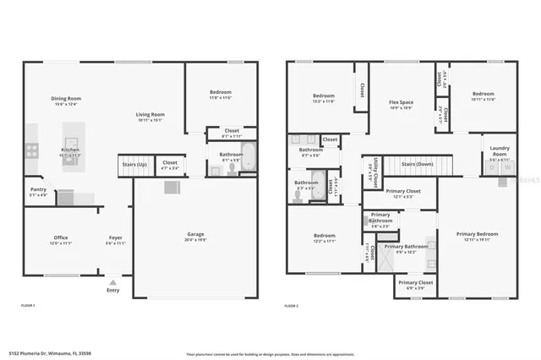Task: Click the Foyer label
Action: pos(115,237)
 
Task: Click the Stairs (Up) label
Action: pos(134,163)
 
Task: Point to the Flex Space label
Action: pos(400,101)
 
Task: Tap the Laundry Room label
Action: pos(500,150)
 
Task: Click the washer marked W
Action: pos(507,167)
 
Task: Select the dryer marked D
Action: pos(493,167)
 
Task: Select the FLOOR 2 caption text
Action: pos(292,304)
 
